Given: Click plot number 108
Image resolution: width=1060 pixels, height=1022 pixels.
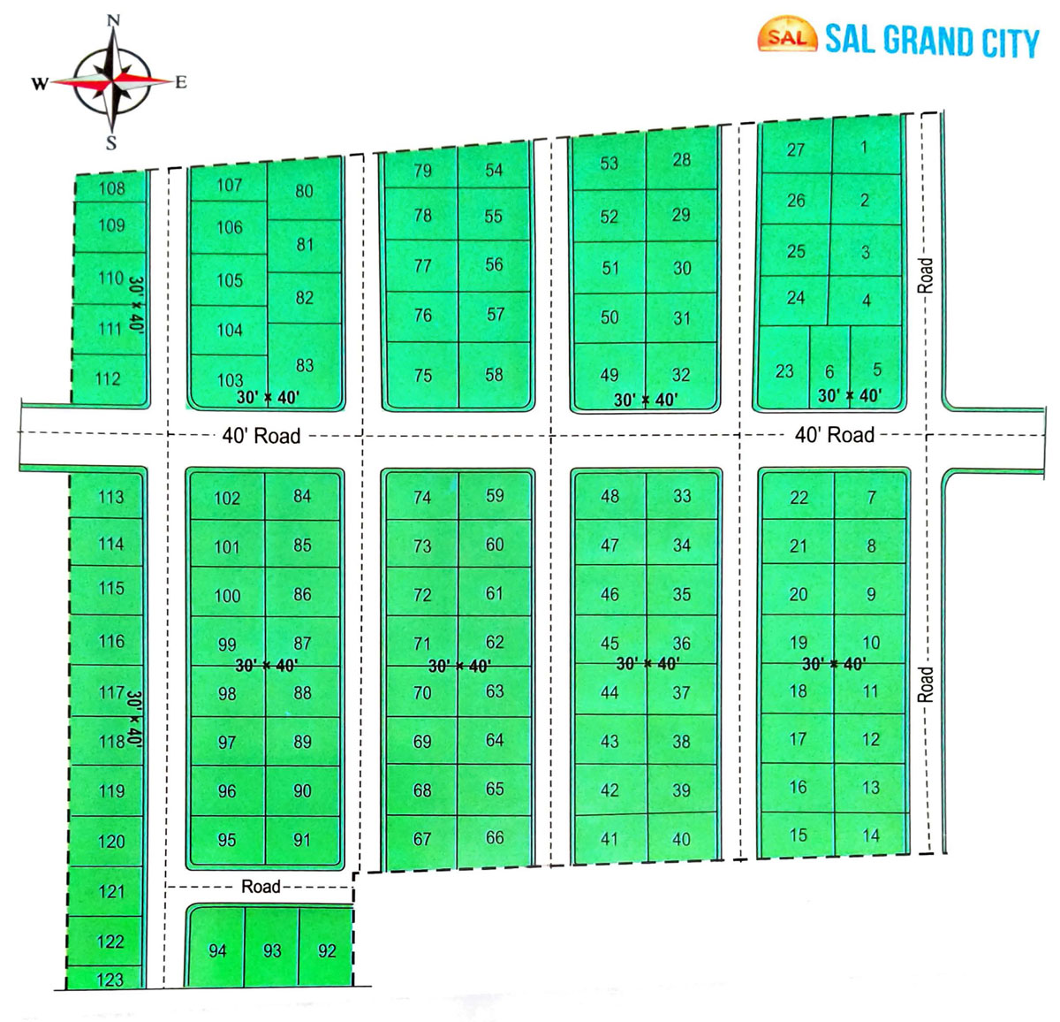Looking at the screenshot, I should pos(111,187).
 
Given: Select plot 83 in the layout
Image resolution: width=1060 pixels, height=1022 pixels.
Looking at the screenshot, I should pos(304,364).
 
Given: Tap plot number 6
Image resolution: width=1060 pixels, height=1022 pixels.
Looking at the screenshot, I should pos(829,372).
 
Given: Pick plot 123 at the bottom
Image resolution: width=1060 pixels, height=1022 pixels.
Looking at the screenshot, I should pos(110,979).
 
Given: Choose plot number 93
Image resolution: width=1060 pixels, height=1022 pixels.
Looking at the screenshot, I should pos(272,950).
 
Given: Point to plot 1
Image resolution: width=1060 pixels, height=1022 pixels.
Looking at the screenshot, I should pos(864,148).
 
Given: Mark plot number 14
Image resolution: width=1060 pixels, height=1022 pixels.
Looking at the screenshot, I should pos(871,835).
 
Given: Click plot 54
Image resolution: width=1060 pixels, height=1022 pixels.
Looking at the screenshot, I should pos(494,170).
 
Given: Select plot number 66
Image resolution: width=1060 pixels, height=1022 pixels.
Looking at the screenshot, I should pos(495,837).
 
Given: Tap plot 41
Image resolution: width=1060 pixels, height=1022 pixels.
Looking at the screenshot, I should pos(609,838).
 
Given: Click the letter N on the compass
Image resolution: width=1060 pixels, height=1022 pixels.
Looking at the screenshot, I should pos(113,19).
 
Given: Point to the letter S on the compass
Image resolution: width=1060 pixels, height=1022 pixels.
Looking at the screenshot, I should pos(111,143).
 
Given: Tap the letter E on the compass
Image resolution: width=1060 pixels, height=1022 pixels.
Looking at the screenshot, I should pos(181,82).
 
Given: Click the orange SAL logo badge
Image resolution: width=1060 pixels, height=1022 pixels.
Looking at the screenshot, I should pos(786,36).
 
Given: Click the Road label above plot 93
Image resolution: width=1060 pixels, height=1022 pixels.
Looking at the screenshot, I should pos(261,886).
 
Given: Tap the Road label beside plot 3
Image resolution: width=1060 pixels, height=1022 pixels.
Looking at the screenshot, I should pos(925,275).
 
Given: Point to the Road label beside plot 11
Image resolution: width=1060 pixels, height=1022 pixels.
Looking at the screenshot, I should pos(925,684).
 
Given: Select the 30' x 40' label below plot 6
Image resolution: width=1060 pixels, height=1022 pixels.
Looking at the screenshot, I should pos(849,395).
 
